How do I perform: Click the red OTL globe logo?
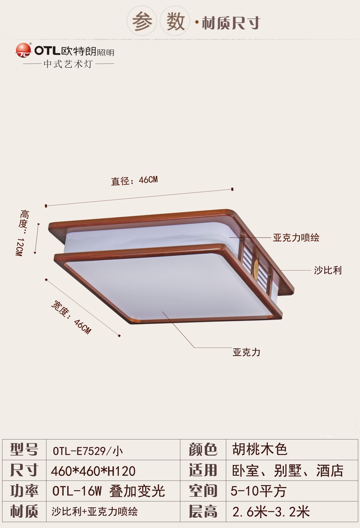coord(23,50)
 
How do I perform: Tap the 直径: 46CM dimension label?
coord(134,181)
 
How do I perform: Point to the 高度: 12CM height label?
coord(22,233)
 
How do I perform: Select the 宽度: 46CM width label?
coord(71,317)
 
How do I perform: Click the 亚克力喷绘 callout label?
coord(296,238)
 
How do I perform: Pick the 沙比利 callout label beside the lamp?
coord(328,270)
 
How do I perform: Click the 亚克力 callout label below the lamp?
coord(246,352)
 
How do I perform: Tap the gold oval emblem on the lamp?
coord(256,266)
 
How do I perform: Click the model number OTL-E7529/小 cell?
coord(88,451)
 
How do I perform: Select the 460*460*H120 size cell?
coord(93,471)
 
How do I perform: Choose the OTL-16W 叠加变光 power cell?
coord(109,491)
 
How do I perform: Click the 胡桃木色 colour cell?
coord(260,449)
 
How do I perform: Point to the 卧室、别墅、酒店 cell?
coord(288,470)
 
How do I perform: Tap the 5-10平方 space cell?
coord(259,491)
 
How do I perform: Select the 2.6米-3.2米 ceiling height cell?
coord(271,512)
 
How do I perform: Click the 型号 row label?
coord(24,449)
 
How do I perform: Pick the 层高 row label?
coord(203,511)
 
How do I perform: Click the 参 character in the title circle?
coord(142,22)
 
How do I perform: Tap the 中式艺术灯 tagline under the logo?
coord(68,64)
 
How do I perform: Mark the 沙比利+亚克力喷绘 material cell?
coord(94,511)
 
